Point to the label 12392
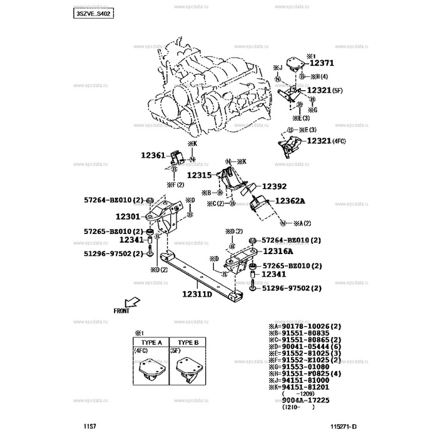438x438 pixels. [274, 186]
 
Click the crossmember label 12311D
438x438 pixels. [198, 293]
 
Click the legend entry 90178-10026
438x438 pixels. [307, 327]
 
